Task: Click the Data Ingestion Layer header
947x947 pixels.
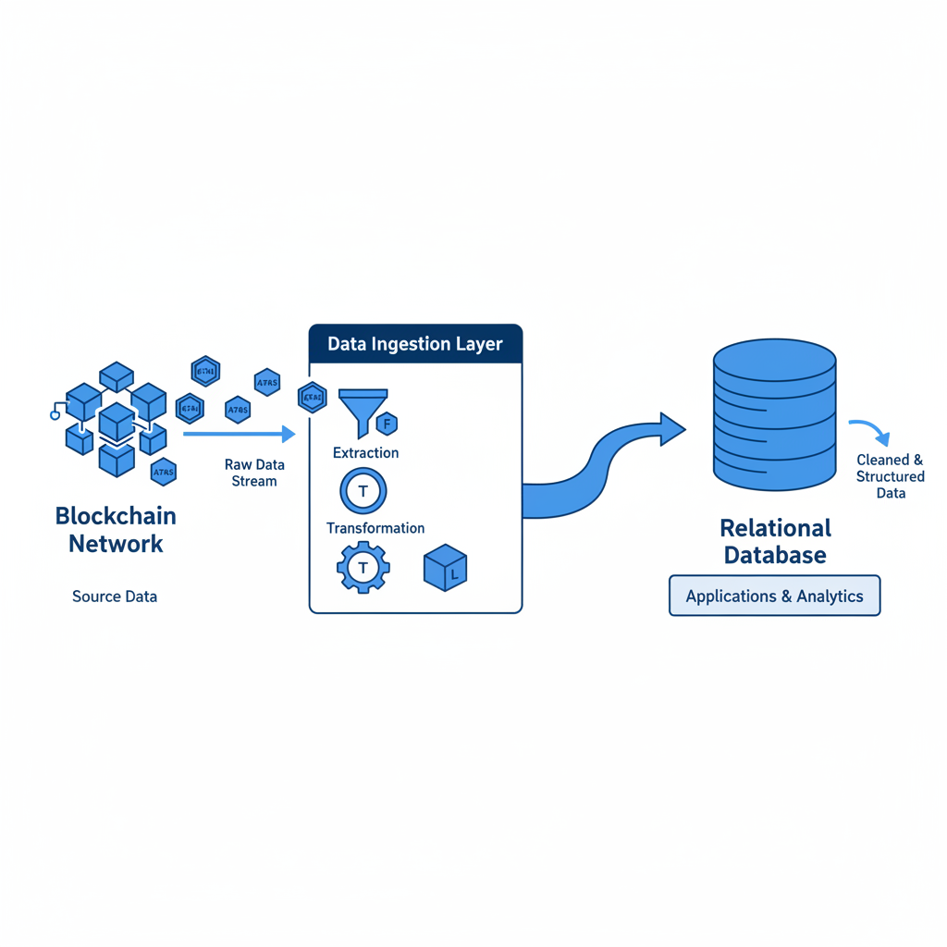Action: click(415, 344)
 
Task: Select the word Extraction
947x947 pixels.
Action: click(365, 453)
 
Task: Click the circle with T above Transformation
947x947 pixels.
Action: click(363, 491)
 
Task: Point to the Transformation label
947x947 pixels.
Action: click(375, 528)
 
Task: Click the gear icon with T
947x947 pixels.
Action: click(363, 567)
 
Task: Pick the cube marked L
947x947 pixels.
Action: click(445, 569)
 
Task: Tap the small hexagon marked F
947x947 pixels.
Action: click(387, 424)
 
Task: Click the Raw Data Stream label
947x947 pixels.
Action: click(254, 473)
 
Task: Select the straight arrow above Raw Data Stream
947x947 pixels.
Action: click(239, 433)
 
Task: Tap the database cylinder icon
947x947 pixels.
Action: click(775, 413)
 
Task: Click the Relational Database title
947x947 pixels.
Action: click(775, 541)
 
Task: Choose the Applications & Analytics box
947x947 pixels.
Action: click(775, 596)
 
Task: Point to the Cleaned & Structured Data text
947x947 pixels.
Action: click(890, 476)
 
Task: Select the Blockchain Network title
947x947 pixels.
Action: click(116, 529)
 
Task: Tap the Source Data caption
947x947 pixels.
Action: click(115, 596)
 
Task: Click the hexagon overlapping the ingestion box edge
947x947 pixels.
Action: click(313, 398)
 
